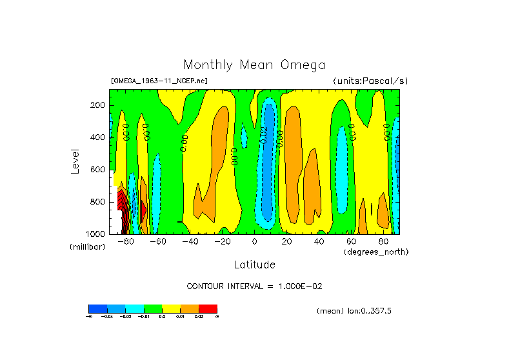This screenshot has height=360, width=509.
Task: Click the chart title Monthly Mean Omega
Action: (x=254, y=65)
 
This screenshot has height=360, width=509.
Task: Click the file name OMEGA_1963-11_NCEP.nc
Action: (x=159, y=81)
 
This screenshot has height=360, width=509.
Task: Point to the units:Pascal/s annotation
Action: (x=370, y=81)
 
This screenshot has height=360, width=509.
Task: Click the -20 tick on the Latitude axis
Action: (x=222, y=242)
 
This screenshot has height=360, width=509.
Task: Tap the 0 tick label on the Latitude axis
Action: (x=254, y=242)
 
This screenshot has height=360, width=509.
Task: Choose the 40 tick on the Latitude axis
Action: (x=319, y=242)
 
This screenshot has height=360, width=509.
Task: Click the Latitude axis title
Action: (x=254, y=265)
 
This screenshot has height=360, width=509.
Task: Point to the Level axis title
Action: (x=75, y=160)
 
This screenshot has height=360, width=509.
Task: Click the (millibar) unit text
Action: (x=87, y=247)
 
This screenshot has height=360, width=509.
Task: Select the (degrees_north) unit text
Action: (x=376, y=252)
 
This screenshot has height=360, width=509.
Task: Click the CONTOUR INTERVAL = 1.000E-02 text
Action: (x=254, y=286)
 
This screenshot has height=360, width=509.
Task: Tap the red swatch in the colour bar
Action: (x=208, y=308)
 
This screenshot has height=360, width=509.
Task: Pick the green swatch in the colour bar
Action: (x=153, y=308)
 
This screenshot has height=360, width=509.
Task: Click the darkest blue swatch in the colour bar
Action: (x=97, y=308)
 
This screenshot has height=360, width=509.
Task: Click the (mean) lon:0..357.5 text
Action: (x=354, y=311)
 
